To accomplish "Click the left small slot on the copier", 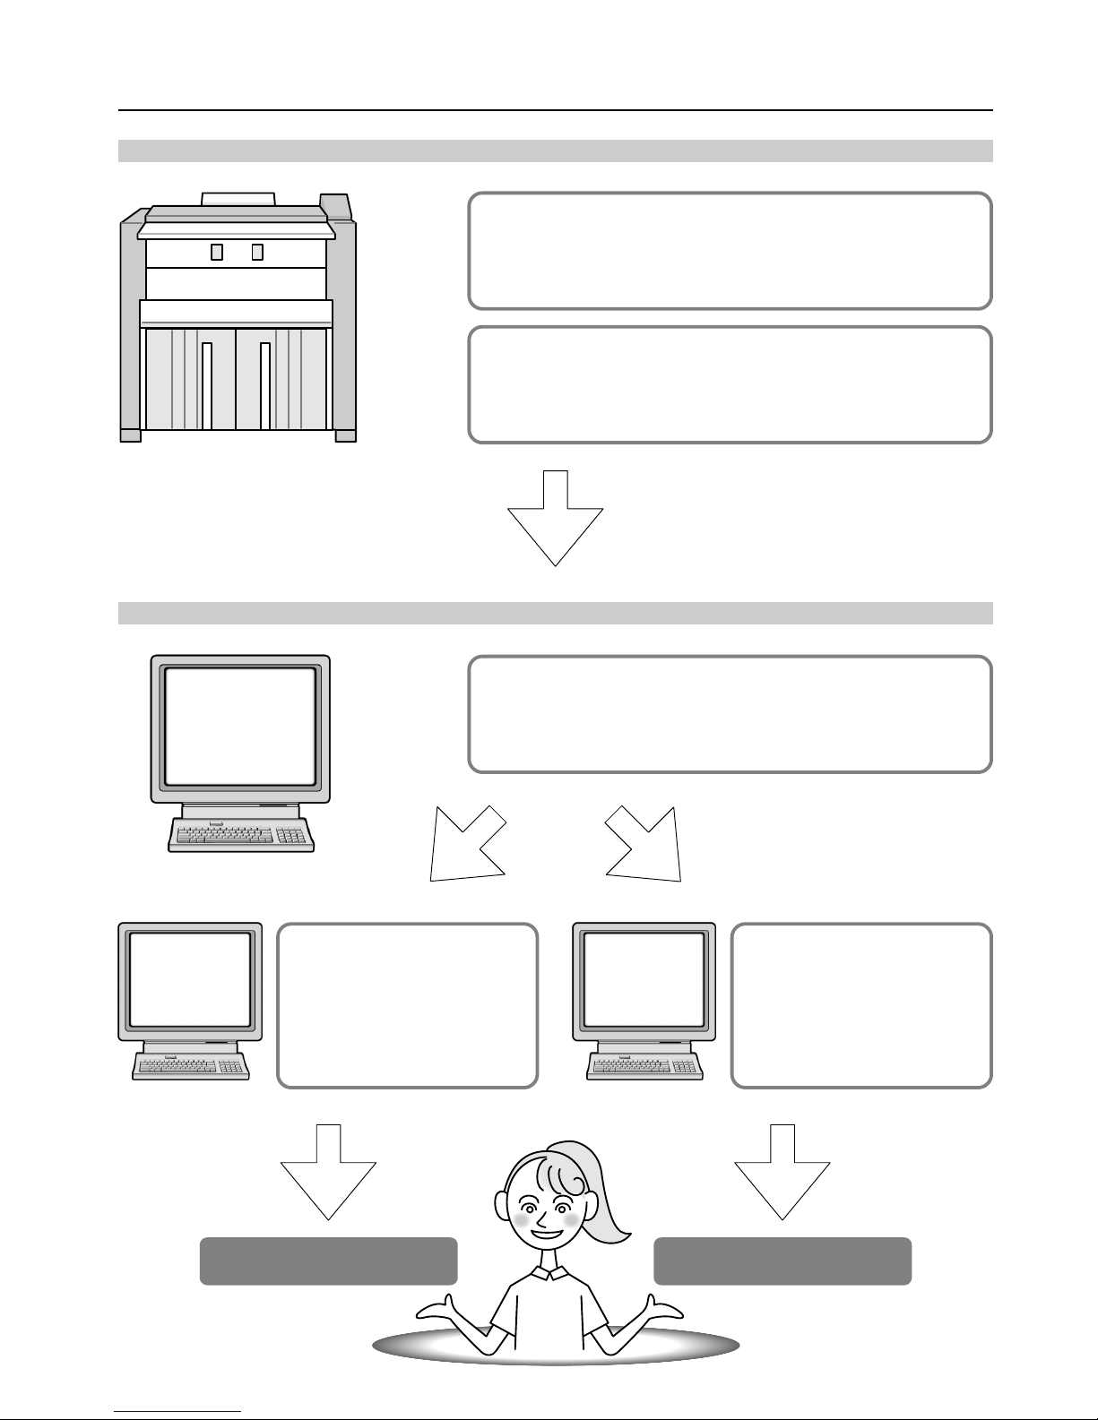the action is [216, 252].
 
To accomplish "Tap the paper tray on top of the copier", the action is [238, 198].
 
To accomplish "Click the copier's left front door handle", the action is [207, 385].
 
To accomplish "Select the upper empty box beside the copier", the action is [730, 251].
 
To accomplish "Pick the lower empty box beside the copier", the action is [730, 384].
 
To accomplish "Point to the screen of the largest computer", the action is [240, 727].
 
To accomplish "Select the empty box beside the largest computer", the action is [730, 714].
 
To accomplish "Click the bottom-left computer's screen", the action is [190, 980].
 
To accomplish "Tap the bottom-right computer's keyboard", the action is [644, 1066].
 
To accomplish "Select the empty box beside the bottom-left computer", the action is [407, 1005].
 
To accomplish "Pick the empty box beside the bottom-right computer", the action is [861, 1005].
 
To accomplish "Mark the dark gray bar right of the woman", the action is [782, 1261].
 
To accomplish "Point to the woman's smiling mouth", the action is [546, 1235].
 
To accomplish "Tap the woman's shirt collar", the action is [549, 1274].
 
